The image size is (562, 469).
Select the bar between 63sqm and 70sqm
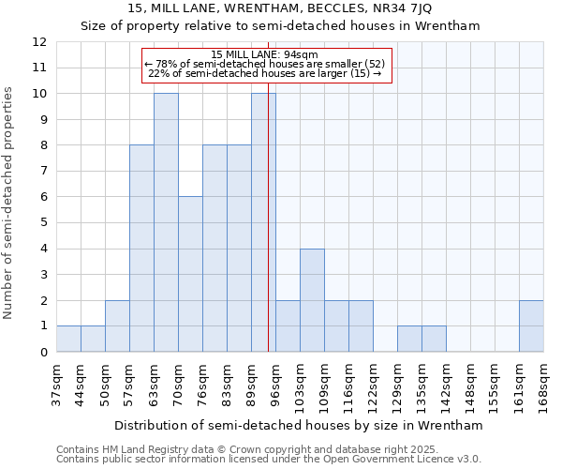pos(166,223)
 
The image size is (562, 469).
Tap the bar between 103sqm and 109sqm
pos(312,300)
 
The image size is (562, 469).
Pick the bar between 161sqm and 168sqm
pos(531,326)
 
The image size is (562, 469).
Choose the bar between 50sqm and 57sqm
pos(117,326)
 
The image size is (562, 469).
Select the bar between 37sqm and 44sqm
pos(68,339)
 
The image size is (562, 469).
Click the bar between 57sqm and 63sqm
pos(141,249)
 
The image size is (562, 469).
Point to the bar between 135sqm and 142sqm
pos(434,339)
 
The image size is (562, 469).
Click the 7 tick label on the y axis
pos(43,172)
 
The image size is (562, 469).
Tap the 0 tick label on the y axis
pos(43,353)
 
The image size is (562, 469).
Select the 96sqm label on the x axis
pos(275,382)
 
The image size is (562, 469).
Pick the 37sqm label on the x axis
pos(56,382)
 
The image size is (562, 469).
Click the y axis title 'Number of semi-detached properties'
pos(9,202)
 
